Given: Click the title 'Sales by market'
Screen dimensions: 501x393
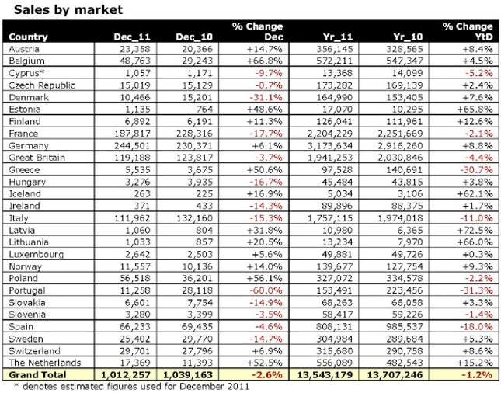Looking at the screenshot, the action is tap(68, 9).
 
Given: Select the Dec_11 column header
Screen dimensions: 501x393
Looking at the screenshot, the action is tap(132, 37).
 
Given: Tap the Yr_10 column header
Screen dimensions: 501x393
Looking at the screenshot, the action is tap(408, 37).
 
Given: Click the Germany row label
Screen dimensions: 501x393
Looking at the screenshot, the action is tap(29, 146).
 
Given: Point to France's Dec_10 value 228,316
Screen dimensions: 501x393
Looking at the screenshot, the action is tap(194, 134).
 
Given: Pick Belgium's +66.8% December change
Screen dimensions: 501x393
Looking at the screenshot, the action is tap(265, 61).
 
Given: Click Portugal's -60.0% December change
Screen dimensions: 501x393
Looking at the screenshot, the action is tap(266, 290).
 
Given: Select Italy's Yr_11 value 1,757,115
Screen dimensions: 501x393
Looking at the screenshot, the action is tap(330, 218).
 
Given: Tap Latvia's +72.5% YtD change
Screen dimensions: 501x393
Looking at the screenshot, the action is tap(475, 231).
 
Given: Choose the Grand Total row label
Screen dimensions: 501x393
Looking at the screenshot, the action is tap(37, 375).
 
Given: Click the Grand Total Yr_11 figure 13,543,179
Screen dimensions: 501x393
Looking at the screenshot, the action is tap(325, 375).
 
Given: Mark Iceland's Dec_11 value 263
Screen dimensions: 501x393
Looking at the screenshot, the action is tap(142, 194).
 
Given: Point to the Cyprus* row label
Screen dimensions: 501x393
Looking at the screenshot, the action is tap(26, 73).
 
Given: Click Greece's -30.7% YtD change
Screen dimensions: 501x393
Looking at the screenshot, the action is tap(476, 170).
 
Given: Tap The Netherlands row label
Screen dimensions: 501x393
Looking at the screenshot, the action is tap(45, 363).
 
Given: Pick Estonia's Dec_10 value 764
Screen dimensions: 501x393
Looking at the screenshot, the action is tap(204, 110).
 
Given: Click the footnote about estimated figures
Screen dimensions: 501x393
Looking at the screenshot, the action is tap(131, 386).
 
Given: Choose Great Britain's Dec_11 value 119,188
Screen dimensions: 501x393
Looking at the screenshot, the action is tap(132, 158).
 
